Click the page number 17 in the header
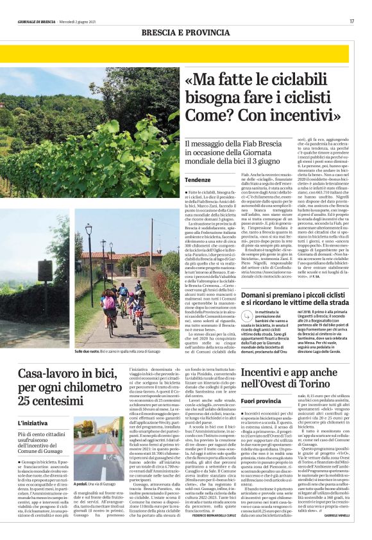351,21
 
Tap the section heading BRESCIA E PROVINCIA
186,32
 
